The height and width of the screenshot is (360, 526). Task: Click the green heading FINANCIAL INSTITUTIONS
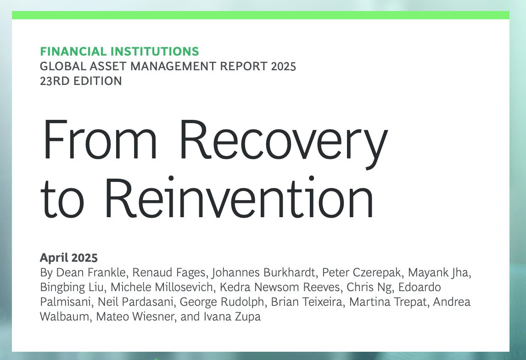(119, 52)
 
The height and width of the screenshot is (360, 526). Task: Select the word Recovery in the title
(284, 143)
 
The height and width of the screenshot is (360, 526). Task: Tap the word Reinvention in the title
(239, 197)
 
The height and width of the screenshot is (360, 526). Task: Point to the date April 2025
(69, 258)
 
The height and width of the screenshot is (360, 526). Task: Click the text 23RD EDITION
(81, 81)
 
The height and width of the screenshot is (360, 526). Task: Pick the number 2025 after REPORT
(284, 67)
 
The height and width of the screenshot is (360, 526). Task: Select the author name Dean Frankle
(90, 272)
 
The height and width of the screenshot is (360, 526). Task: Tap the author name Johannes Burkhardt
(263, 273)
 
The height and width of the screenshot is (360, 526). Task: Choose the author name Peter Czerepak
(361, 273)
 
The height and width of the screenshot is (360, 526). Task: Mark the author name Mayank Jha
(438, 273)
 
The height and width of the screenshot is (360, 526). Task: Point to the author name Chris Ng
(369, 287)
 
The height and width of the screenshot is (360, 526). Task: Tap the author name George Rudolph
(222, 302)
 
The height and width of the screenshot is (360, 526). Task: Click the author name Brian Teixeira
(307, 302)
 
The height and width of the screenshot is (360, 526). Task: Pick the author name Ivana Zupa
(232, 317)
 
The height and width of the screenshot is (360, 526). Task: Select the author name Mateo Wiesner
(135, 317)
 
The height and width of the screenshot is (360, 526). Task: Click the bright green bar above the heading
(261, 15)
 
